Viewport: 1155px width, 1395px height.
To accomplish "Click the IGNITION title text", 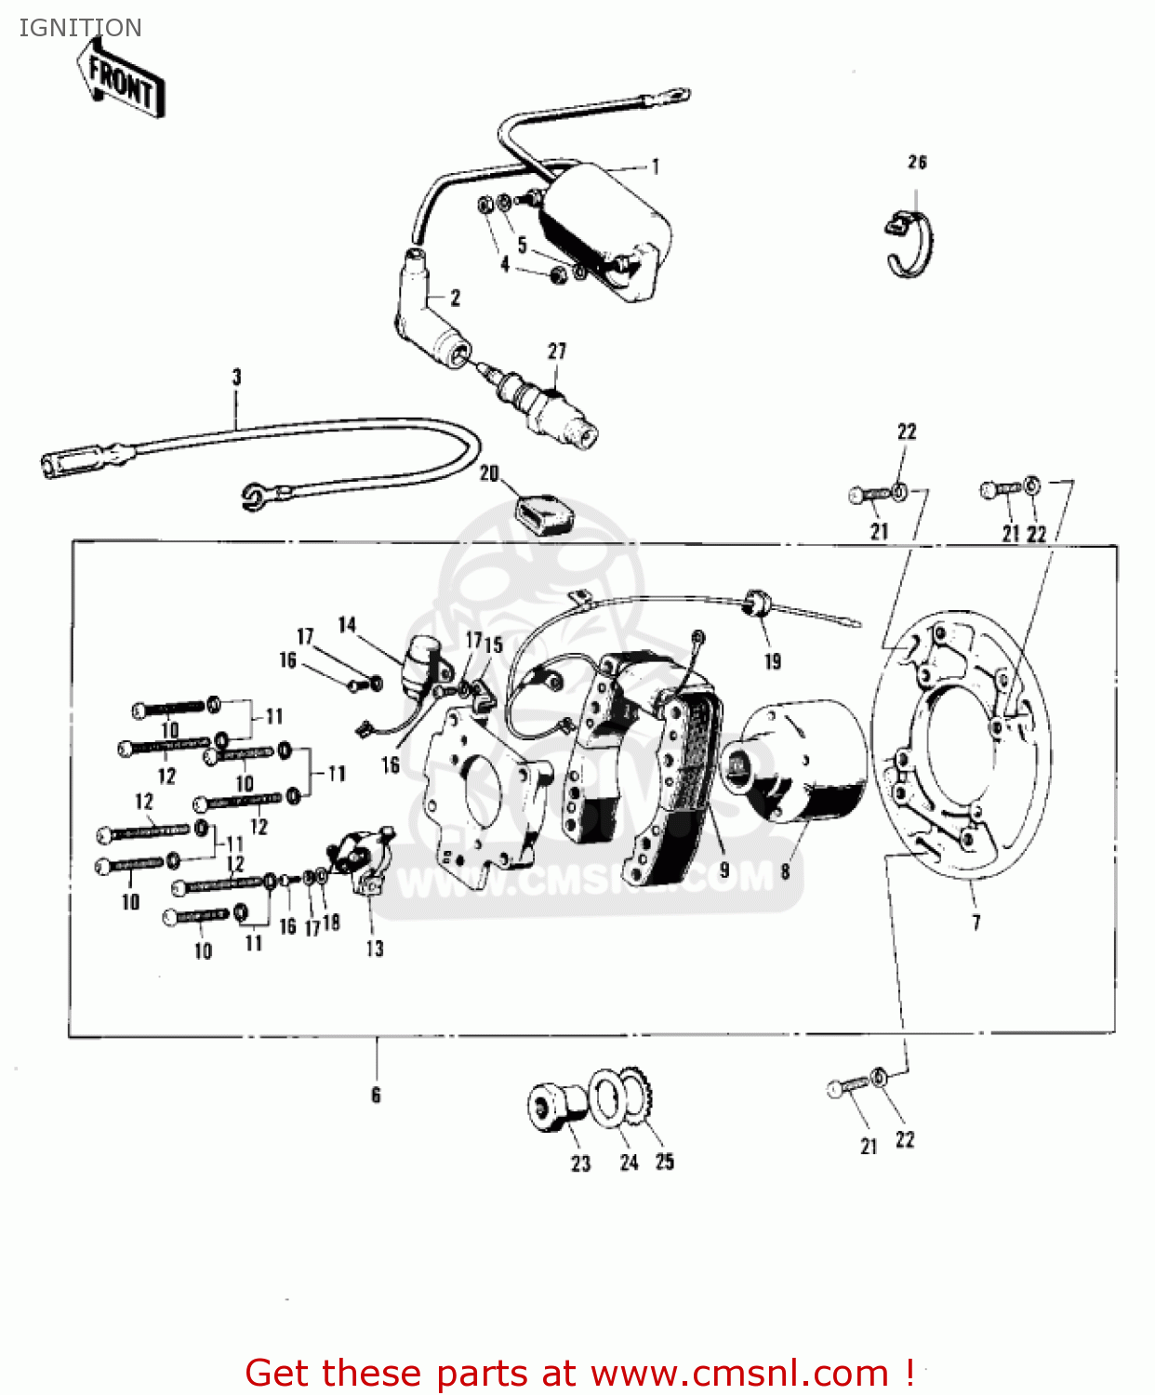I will coord(80,28).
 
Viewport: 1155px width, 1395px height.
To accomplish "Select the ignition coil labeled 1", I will coord(604,228).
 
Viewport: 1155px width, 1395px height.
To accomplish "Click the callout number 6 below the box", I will coord(376,1095).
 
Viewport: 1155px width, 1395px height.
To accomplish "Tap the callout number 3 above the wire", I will coord(236,377).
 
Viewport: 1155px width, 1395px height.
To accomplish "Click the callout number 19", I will coord(773,661).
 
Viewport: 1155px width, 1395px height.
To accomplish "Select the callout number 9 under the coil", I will coord(724,870).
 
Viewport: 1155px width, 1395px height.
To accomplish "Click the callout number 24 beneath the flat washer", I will coord(630,1162).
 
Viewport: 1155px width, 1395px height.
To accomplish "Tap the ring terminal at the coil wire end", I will coord(676,94).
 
